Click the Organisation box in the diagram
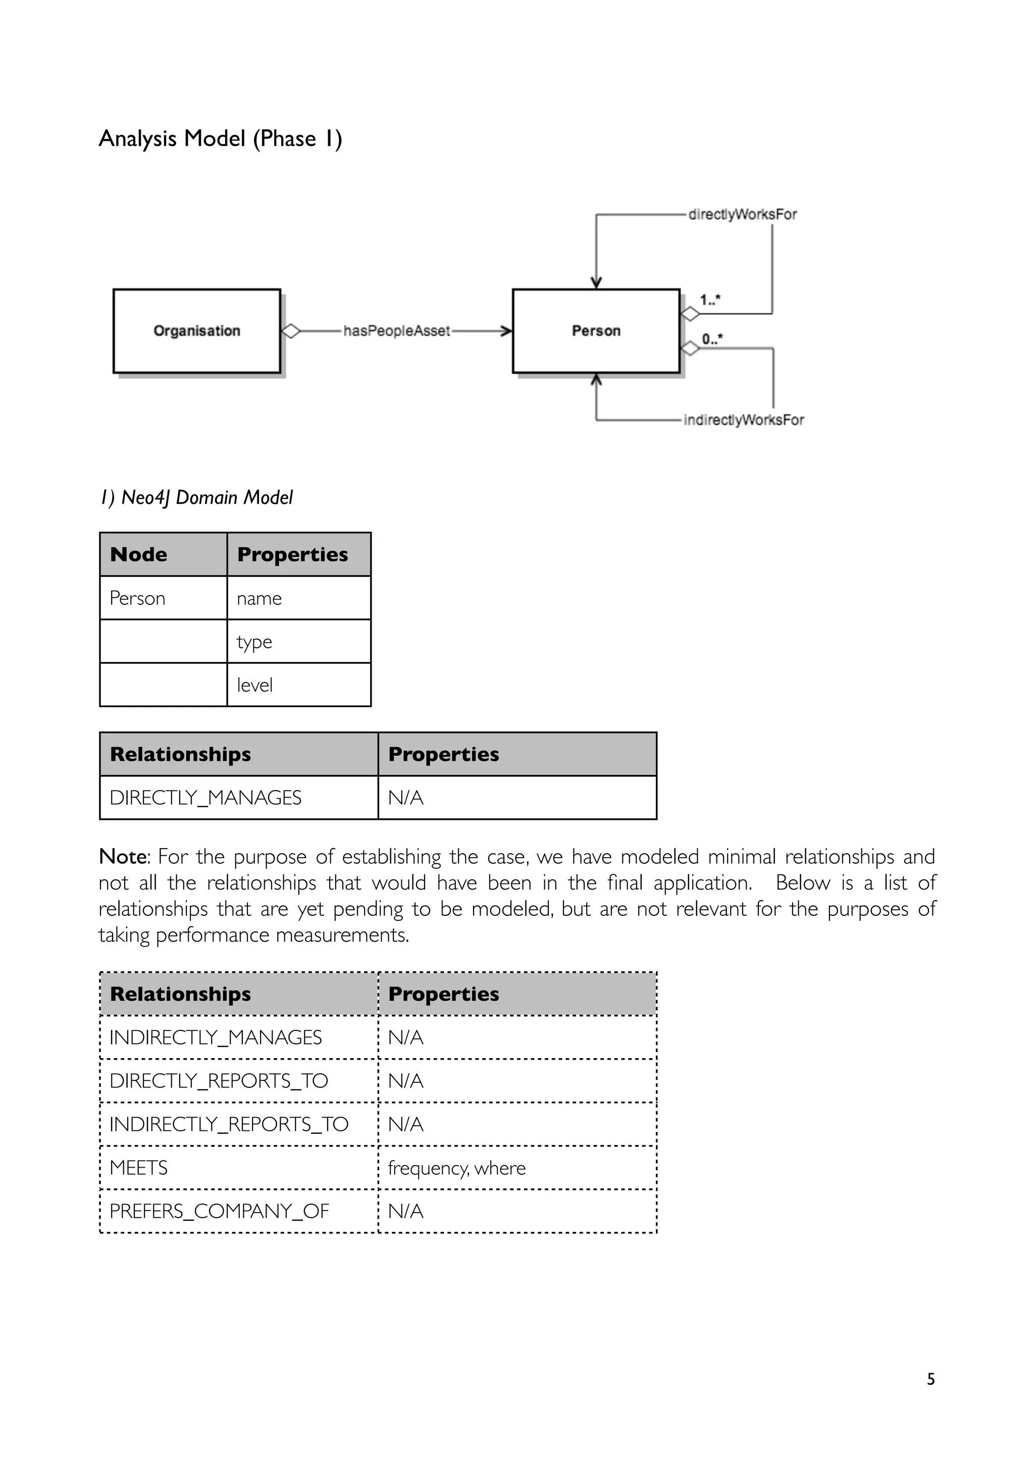[196, 331]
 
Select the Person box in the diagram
[596, 331]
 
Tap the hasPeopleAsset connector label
[396, 331]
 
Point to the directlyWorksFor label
[742, 214]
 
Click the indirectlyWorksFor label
[744, 420]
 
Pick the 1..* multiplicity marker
[710, 299]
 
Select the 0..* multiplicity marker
[711, 338]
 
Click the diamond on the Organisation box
[290, 331]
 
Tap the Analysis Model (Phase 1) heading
[221, 138]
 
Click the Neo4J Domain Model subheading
[197, 497]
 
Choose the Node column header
[139, 554]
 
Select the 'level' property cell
[255, 685]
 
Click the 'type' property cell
[254, 642]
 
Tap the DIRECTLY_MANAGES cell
[205, 798]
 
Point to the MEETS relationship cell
[139, 1167]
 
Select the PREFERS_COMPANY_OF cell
[219, 1211]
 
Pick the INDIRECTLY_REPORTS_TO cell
[229, 1124]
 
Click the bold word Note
[123, 856]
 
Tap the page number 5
[930, 1379]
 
